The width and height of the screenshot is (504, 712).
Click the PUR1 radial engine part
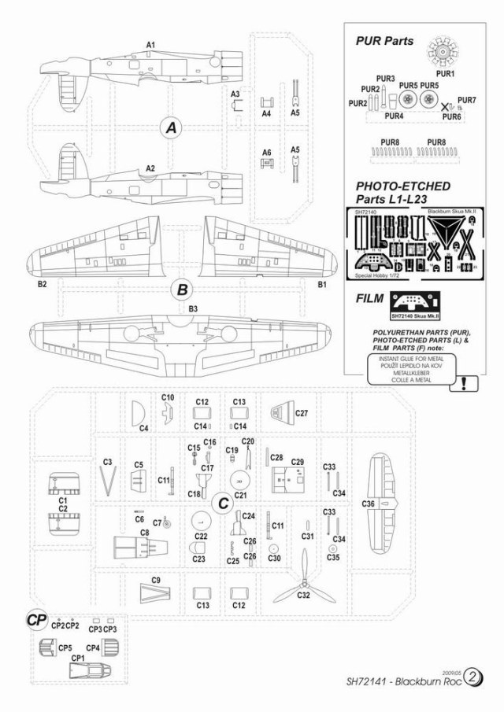446,53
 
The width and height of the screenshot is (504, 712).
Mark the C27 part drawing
282,411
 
